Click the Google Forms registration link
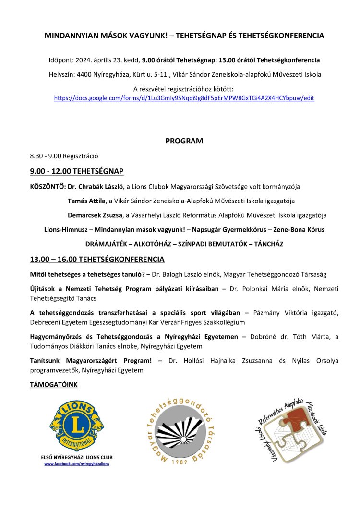pos(184,97)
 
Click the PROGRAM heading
pos(184,141)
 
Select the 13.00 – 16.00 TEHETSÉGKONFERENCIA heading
pos(97,260)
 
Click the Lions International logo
pos(77,424)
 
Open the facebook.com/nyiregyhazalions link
pos(77,464)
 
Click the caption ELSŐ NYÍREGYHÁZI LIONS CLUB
pos(77,458)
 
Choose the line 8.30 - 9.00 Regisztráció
pos(64,156)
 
